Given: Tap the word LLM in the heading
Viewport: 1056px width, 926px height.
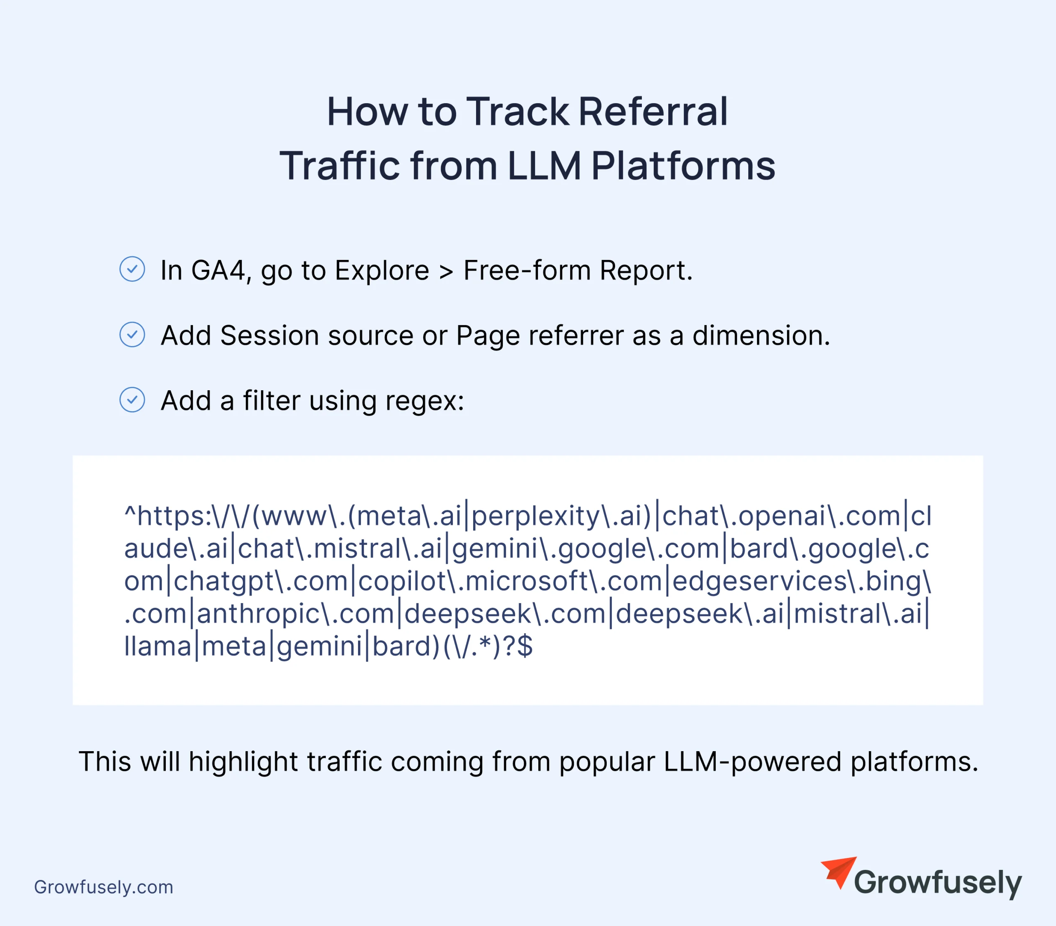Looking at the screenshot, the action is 544,166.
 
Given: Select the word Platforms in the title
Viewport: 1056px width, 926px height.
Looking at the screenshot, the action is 683,166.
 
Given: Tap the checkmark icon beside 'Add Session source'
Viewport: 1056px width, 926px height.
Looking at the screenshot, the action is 132,335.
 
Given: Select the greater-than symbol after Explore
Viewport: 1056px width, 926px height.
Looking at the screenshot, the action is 446,272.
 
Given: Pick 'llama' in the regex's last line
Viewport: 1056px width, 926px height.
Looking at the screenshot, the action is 158,646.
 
